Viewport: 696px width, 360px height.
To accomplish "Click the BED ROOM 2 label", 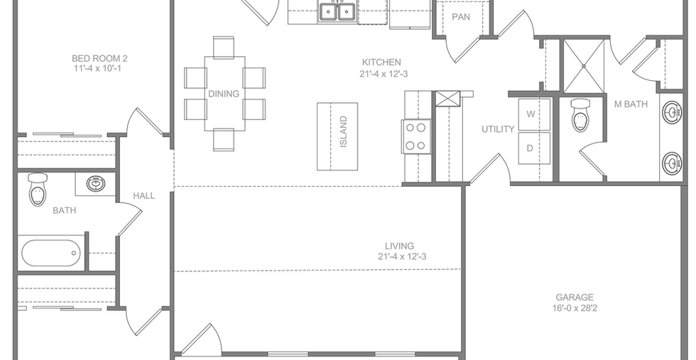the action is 100,58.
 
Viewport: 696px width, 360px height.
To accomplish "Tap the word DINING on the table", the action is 224,94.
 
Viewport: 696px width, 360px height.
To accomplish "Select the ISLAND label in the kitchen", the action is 343,131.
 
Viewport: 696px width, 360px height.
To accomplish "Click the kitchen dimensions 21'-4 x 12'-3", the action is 384,74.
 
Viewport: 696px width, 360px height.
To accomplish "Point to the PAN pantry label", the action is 461,17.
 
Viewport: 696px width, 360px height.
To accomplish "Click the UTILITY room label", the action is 498,129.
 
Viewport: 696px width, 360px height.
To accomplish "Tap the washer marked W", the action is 534,114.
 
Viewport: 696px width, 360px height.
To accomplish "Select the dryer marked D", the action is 534,148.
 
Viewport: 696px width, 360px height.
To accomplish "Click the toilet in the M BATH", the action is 580,115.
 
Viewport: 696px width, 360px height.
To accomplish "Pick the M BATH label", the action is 631,104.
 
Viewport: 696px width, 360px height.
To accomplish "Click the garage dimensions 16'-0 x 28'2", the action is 578,308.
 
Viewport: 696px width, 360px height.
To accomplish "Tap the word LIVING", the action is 399,246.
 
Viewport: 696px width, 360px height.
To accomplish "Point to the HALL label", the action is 144,195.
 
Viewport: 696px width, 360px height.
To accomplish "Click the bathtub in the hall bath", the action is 50,253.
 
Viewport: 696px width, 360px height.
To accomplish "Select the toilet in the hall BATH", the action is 38,190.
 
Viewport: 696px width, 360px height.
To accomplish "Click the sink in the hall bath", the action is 95,184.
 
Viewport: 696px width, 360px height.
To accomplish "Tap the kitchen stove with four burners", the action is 416,137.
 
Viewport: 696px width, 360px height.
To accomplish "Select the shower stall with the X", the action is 584,66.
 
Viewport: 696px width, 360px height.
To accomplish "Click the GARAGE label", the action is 575,298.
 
